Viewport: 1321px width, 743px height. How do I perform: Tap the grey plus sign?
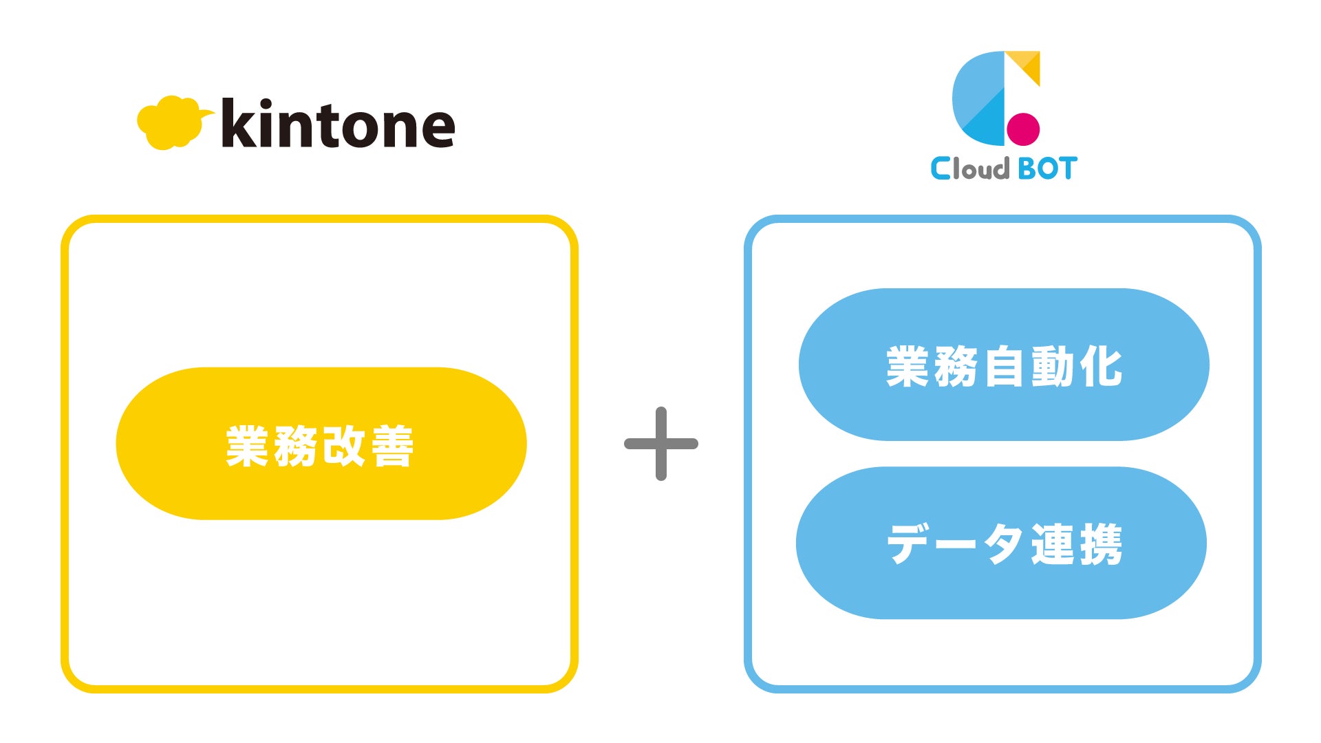[x=660, y=444]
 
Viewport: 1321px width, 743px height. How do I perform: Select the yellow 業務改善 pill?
[x=321, y=444]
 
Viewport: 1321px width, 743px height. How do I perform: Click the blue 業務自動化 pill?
[x=1003, y=365]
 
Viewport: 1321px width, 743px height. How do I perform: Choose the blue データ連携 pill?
[x=1001, y=543]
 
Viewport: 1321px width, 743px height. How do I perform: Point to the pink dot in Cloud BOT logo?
[x=1023, y=129]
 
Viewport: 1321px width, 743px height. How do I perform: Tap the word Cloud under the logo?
[x=969, y=169]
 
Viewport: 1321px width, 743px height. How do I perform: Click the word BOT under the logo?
[x=1047, y=169]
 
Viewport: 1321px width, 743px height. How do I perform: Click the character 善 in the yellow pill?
[x=392, y=446]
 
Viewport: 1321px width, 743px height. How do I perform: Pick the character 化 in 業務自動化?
[x=1101, y=366]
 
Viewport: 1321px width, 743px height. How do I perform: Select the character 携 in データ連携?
[x=1100, y=544]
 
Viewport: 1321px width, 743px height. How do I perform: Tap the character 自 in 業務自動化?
[x=1005, y=366]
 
